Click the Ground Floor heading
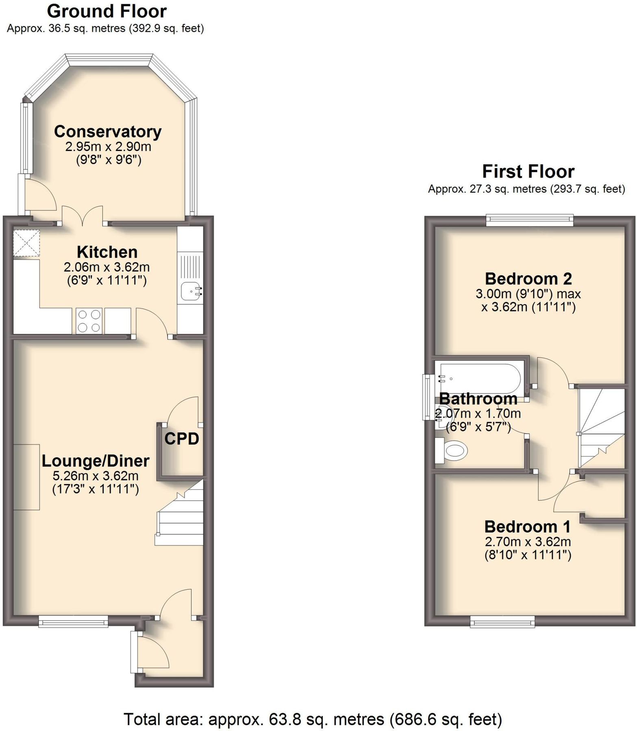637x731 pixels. (107, 11)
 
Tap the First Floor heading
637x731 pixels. (528, 171)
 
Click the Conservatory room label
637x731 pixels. (108, 132)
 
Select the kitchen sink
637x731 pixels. (190, 291)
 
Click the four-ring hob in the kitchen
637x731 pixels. (89, 321)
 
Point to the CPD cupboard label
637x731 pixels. (182, 439)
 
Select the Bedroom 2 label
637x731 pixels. (528, 279)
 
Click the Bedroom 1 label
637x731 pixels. (527, 527)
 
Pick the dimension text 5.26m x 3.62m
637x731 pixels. (96, 476)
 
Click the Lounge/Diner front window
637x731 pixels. (73, 621)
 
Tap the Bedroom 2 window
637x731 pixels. (529, 221)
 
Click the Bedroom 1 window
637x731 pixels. (502, 621)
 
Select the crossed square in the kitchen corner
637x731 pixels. (26, 243)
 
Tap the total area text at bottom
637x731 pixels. (313, 719)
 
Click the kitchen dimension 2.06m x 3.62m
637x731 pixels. (107, 267)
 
